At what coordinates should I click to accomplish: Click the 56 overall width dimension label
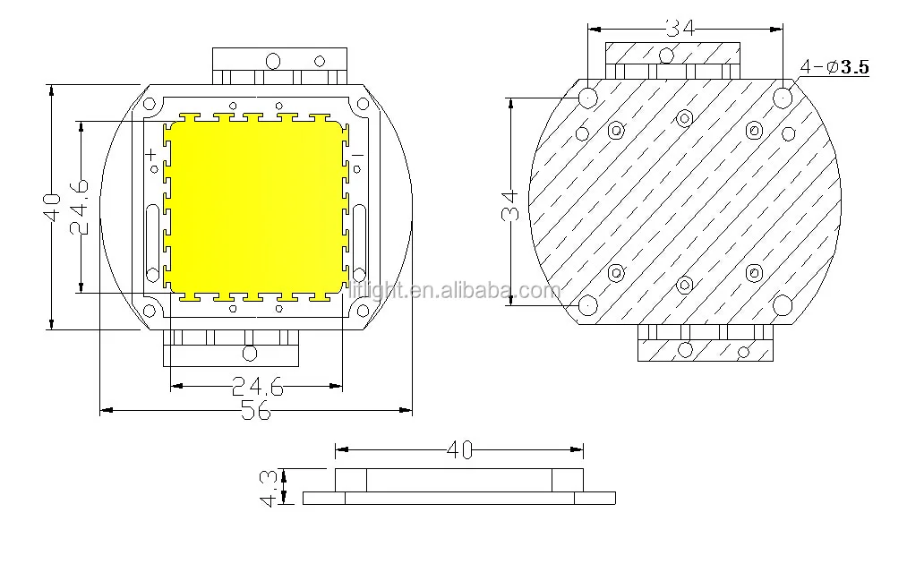(256, 411)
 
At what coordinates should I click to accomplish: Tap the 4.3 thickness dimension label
(267, 487)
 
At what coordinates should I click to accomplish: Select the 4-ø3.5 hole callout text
(834, 66)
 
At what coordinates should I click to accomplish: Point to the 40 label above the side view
(458, 449)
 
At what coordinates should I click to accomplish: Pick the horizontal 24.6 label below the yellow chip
(257, 386)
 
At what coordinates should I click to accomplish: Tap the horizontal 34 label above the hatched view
(680, 28)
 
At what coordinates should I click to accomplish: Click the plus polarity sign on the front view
(152, 157)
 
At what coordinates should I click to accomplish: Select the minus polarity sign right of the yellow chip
(356, 157)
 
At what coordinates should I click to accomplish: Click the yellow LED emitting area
(255, 206)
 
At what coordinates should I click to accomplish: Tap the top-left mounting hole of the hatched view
(587, 96)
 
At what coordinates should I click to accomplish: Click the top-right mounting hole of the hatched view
(783, 95)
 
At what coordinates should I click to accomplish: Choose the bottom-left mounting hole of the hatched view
(587, 305)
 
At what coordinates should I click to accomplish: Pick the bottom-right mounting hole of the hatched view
(783, 305)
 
